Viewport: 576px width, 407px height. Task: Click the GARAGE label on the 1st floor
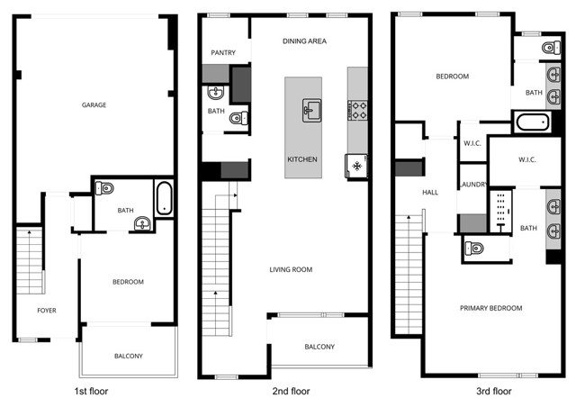pyautogui.click(x=94, y=105)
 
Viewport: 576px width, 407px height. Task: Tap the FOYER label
pyautogui.click(x=46, y=311)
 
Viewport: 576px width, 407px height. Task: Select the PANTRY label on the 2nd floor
pyautogui.click(x=223, y=53)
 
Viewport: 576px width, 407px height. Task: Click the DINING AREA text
pyautogui.click(x=304, y=41)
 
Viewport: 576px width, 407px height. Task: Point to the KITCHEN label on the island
pyautogui.click(x=302, y=159)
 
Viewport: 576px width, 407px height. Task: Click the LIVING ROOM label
pyautogui.click(x=291, y=269)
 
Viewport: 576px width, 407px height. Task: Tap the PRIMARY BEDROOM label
pyautogui.click(x=490, y=308)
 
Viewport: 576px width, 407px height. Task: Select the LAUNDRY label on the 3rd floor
pyautogui.click(x=473, y=185)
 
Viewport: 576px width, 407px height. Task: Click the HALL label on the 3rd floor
pyautogui.click(x=429, y=193)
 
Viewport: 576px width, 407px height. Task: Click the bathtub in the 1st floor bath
pyautogui.click(x=164, y=198)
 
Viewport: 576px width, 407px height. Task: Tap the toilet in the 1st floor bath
pyautogui.click(x=106, y=189)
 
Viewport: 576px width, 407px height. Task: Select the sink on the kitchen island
pyautogui.click(x=311, y=111)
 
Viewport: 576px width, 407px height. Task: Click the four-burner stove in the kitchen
pyautogui.click(x=357, y=110)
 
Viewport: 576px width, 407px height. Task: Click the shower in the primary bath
pyautogui.click(x=500, y=211)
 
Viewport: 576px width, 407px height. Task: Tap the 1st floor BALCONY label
pyautogui.click(x=128, y=356)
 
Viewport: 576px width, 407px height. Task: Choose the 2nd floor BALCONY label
pyautogui.click(x=319, y=347)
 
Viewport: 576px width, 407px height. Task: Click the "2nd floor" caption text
pyautogui.click(x=292, y=392)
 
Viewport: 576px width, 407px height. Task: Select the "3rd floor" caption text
pyautogui.click(x=492, y=392)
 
